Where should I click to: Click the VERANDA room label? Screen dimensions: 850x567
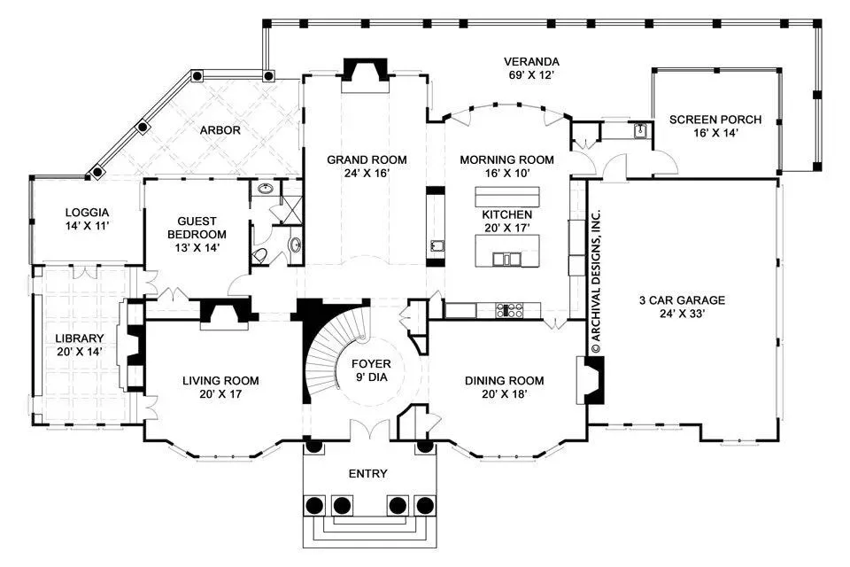(x=531, y=62)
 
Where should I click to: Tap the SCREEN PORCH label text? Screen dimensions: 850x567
(x=715, y=120)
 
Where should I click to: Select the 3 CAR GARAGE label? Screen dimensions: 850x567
(x=682, y=300)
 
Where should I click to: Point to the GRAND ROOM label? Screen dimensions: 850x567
(x=367, y=160)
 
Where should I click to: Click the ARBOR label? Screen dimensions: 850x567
(x=220, y=130)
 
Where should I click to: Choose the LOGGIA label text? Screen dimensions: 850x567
(x=88, y=213)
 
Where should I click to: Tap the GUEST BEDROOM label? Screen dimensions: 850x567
(x=197, y=228)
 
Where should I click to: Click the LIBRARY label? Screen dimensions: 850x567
(x=80, y=338)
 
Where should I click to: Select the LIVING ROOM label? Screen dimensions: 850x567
(x=220, y=381)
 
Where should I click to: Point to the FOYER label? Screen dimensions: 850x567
(x=371, y=363)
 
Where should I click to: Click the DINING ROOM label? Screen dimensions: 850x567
(x=504, y=381)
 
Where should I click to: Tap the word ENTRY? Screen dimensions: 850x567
(x=368, y=474)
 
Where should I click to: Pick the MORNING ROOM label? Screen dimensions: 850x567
(x=506, y=160)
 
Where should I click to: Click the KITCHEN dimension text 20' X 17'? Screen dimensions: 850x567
(x=506, y=228)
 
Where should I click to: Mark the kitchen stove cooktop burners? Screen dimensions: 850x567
(x=510, y=310)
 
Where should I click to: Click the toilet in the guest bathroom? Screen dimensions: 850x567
(x=259, y=255)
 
